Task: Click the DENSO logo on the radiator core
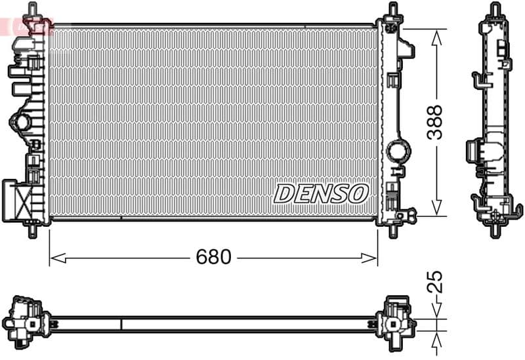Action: [321, 193]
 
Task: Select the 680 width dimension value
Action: [213, 258]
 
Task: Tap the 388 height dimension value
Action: [435, 122]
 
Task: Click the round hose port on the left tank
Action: [21, 122]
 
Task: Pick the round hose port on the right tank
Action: [397, 151]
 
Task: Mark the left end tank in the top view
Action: [24, 319]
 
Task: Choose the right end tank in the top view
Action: [396, 319]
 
